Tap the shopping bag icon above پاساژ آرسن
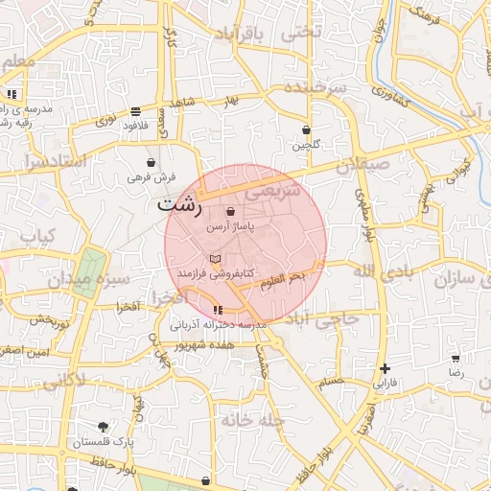(229, 212)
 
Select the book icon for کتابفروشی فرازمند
(216, 259)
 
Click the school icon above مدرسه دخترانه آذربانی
(219, 310)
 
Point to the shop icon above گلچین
(306, 129)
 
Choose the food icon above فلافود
(134, 111)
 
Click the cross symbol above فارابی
(385, 368)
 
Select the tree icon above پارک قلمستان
(104, 427)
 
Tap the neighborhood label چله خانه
(252, 420)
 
